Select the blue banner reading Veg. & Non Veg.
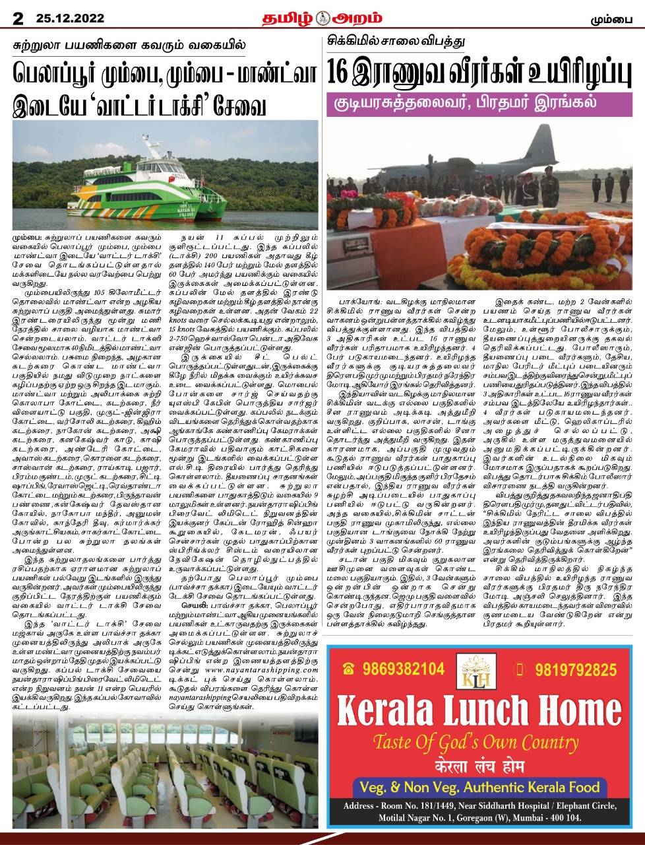coord(479,787)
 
